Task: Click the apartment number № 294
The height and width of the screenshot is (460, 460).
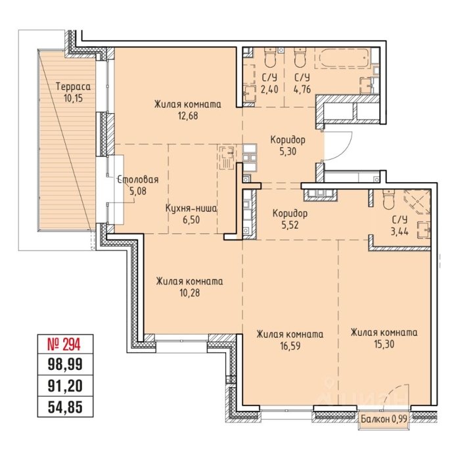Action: tap(64, 344)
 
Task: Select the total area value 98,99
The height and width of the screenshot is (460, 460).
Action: tap(65, 365)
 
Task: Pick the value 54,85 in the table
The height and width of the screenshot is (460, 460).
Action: tap(65, 407)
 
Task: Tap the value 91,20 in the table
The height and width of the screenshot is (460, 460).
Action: tap(65, 386)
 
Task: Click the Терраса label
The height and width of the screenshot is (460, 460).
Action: tap(74, 87)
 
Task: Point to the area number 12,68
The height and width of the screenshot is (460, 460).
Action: tap(187, 116)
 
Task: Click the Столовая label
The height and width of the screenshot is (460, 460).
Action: tap(138, 179)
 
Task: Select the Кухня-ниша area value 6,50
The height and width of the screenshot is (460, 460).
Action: tap(191, 219)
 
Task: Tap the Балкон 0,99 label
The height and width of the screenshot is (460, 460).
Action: tap(384, 419)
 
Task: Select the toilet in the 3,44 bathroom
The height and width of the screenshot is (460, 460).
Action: tap(389, 200)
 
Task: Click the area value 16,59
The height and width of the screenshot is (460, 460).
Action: tap(290, 346)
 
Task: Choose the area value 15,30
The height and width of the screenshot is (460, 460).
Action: tap(384, 344)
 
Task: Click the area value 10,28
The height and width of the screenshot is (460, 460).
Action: tap(189, 292)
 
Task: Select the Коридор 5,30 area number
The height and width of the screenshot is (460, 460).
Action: tap(288, 152)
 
